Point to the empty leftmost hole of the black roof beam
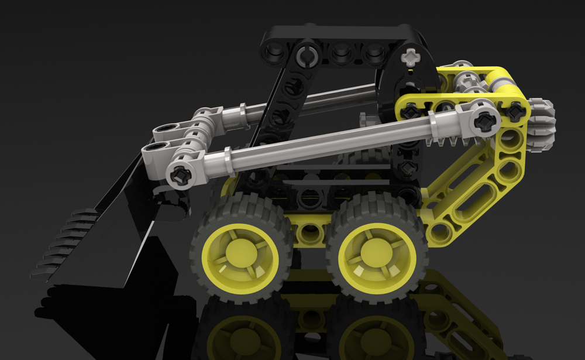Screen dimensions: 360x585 [274, 54]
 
